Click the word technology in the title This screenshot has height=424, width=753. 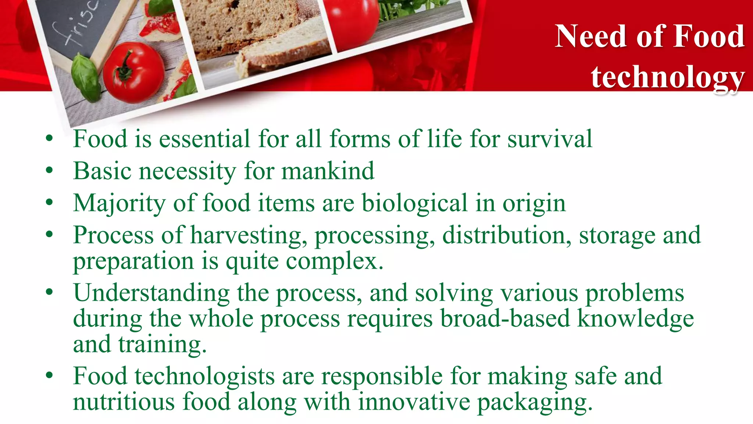pyautogui.click(x=667, y=77)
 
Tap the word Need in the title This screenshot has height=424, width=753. pyautogui.click(x=590, y=36)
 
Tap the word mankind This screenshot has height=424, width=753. pyautogui.click(x=328, y=171)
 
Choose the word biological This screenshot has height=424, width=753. pyautogui.click(x=414, y=203)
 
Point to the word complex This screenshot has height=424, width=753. pyautogui.click(x=335, y=261)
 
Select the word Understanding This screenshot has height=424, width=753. pyautogui.click(x=151, y=293)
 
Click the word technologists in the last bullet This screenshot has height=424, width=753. pyautogui.click(x=204, y=377)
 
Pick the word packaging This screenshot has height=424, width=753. pyautogui.click(x=535, y=402)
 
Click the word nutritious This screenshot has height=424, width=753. pyautogui.click(x=124, y=402)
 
